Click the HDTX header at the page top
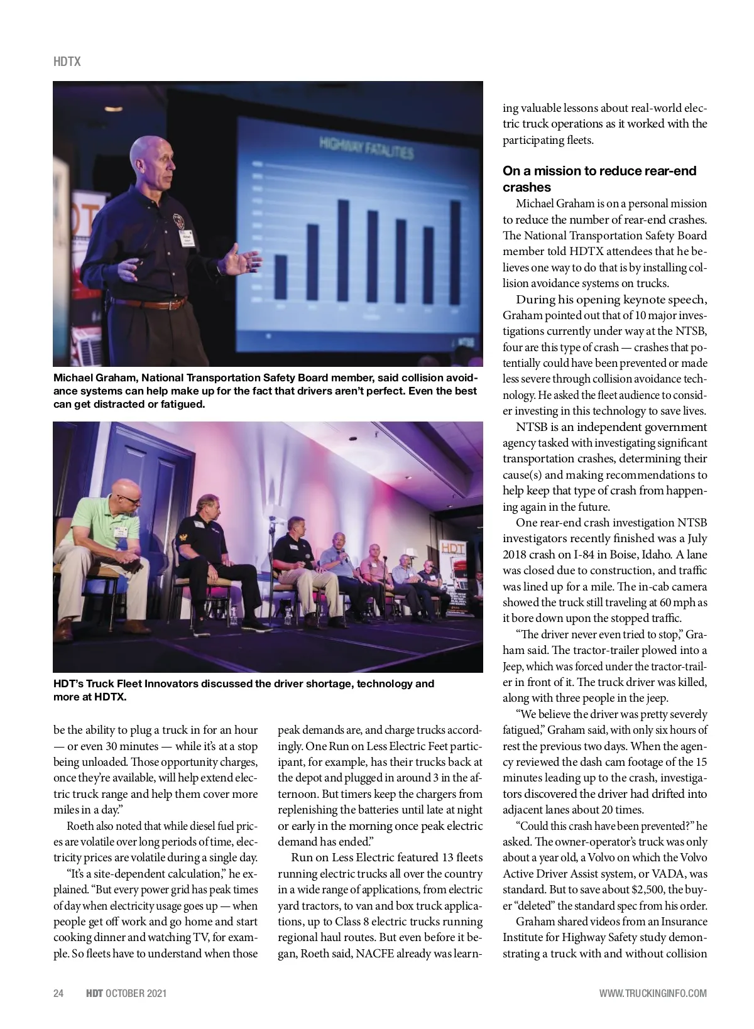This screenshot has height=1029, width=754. pyautogui.click(x=67, y=62)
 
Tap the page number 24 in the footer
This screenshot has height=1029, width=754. pyautogui.click(x=58, y=993)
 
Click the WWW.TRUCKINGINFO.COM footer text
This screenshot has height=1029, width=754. pyautogui.click(x=653, y=993)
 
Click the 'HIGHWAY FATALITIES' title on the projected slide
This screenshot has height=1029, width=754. pyautogui.click(x=366, y=148)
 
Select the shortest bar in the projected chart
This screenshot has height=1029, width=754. pyautogui.click(x=281, y=276)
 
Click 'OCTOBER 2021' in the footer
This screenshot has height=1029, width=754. pyautogui.click(x=136, y=993)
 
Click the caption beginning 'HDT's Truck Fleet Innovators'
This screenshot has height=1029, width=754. pyautogui.click(x=244, y=690)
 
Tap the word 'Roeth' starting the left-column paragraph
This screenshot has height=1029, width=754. pyautogui.click(x=80, y=826)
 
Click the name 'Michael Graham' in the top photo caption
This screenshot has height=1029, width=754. pyautogui.click(x=95, y=378)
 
